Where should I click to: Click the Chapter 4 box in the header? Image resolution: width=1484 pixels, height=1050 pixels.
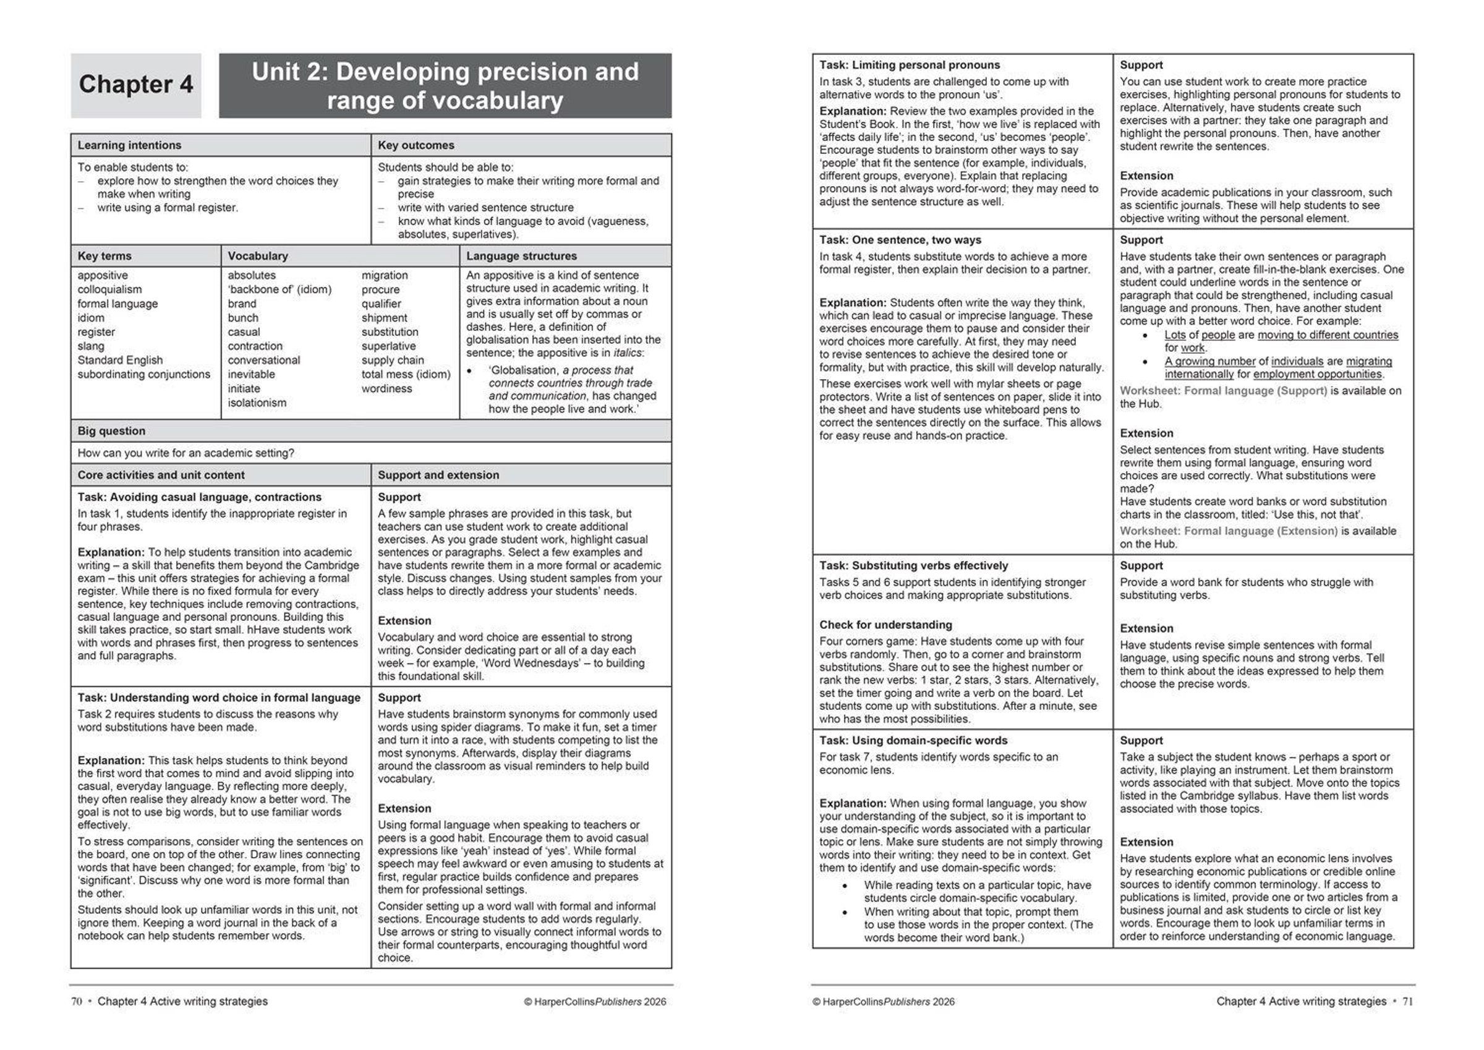coord(136,85)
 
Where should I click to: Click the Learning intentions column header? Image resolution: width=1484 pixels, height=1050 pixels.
coord(129,145)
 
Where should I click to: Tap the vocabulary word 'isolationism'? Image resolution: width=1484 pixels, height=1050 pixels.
coord(257,403)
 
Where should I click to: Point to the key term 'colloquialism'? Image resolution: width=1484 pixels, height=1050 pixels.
coord(109,289)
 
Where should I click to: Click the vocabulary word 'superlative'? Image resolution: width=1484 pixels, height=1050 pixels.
coord(388,346)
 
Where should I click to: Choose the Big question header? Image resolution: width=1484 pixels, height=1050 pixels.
coord(111,431)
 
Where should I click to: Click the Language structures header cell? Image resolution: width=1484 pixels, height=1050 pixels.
coord(521,256)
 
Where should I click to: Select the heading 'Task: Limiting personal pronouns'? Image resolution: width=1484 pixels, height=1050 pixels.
coord(910,66)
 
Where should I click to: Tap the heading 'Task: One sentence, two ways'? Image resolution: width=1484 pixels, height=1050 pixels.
coord(900,240)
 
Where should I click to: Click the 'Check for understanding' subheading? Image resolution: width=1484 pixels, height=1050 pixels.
coord(885,625)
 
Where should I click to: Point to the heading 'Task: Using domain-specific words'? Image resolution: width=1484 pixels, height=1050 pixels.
coord(913,740)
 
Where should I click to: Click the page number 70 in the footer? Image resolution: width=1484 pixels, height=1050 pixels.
coord(77,1002)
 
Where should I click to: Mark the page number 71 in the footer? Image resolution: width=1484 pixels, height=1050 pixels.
coord(1408,1002)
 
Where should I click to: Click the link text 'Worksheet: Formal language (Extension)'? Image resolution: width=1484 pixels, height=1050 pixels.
coord(1228,531)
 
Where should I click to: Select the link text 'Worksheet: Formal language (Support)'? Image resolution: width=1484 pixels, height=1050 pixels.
coord(1223,391)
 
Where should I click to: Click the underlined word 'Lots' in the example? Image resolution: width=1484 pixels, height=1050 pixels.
coord(1174,335)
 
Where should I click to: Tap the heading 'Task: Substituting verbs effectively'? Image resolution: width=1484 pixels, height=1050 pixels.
coord(913,566)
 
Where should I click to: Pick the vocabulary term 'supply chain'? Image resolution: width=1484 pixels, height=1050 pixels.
coord(392,361)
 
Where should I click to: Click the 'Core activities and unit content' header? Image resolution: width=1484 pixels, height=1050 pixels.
coord(161,475)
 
